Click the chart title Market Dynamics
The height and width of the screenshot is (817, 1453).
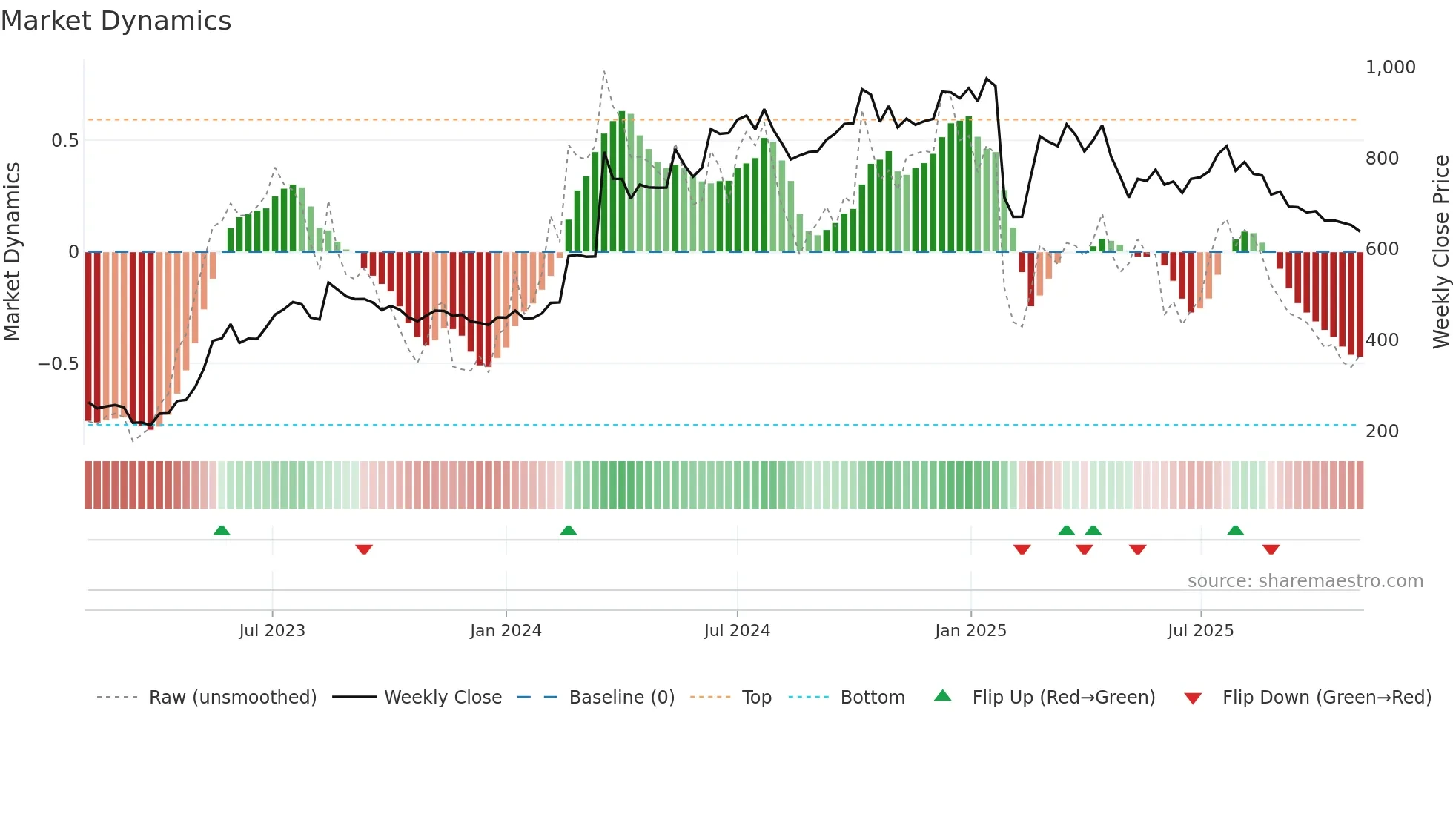pyautogui.click(x=116, y=21)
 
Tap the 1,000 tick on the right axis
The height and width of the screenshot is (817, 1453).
pyautogui.click(x=1390, y=67)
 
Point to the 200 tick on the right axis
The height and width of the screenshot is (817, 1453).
pyautogui.click(x=1382, y=431)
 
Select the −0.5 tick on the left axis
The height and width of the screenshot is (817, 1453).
pyautogui.click(x=58, y=364)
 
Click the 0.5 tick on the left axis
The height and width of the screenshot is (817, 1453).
pyautogui.click(x=64, y=141)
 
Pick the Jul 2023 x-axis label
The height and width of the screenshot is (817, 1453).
pyautogui.click(x=272, y=631)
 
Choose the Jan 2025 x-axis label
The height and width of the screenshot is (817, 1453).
pyautogui.click(x=970, y=631)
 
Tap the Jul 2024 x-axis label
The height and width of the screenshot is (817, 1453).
pyautogui.click(x=737, y=631)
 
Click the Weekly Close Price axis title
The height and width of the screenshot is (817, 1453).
pyautogui.click(x=1440, y=252)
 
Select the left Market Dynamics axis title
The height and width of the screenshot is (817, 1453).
pyautogui.click(x=12, y=252)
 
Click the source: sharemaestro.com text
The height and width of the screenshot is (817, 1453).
pyautogui.click(x=1305, y=581)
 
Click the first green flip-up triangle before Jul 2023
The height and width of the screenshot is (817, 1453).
pyautogui.click(x=222, y=531)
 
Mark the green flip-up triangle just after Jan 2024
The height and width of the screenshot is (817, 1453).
pyautogui.click(x=569, y=531)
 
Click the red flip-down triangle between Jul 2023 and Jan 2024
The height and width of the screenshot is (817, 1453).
pyautogui.click(x=364, y=549)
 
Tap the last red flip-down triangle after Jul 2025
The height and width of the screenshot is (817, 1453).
pyautogui.click(x=1271, y=549)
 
